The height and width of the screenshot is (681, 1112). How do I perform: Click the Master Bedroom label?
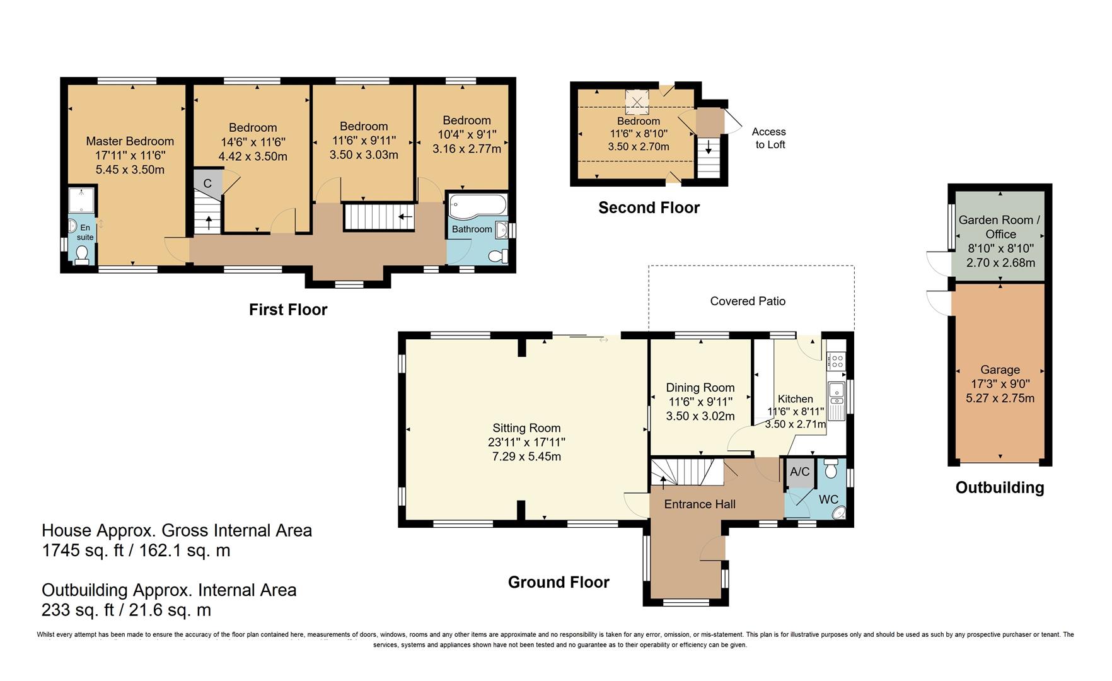coord(130,141)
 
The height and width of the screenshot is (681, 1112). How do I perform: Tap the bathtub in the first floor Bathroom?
coord(477,206)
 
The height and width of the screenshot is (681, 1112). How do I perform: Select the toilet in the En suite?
coord(81,254)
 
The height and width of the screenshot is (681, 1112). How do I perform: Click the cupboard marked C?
coord(207,183)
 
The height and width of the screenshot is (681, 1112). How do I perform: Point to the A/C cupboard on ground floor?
coord(799,472)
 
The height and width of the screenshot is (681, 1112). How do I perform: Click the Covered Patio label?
coord(748,301)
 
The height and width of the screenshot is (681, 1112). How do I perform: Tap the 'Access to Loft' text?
coord(769,138)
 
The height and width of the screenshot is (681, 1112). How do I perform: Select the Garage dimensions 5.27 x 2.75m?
coord(1000,398)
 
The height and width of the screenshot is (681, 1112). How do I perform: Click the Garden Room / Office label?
coord(1000,226)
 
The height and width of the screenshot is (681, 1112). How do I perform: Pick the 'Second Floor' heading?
coord(649,207)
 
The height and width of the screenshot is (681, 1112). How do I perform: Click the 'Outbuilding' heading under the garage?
coord(1000,487)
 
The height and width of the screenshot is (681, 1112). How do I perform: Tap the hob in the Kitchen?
coord(837,361)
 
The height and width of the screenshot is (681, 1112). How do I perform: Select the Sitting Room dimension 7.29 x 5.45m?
coord(526,457)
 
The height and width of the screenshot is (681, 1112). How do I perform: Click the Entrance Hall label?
coord(700,504)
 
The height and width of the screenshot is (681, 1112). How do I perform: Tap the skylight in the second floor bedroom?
coord(637,102)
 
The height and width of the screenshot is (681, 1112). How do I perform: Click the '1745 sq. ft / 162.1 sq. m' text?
coord(136,550)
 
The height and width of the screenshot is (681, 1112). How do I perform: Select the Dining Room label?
coord(700,388)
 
